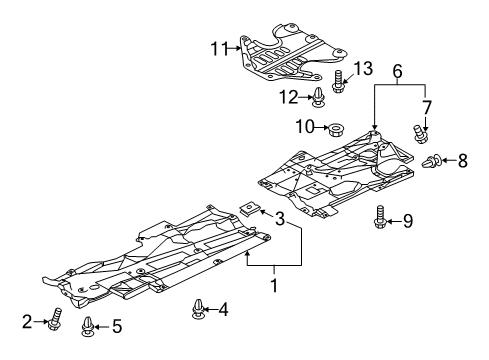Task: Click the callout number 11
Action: click(219, 49)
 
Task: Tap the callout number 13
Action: click(363, 68)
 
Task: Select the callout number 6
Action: click(398, 71)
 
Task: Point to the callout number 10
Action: click(305, 127)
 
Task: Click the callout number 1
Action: click(274, 286)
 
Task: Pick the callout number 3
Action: click(280, 219)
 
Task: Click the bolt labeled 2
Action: click(56, 319)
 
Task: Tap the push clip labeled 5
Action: click(87, 326)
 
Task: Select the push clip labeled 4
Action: click(198, 309)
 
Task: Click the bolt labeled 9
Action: click(380, 218)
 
